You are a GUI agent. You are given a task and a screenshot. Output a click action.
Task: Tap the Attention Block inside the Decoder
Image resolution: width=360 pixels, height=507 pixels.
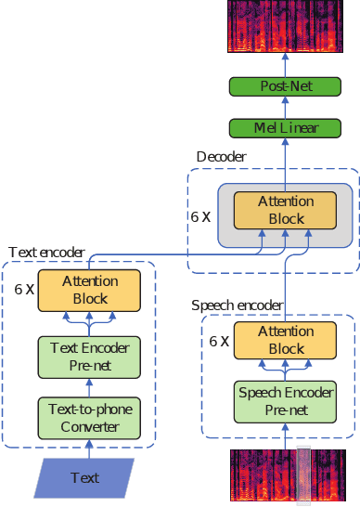285,210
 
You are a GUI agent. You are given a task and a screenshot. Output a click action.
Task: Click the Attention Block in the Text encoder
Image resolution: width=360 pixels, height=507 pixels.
90,289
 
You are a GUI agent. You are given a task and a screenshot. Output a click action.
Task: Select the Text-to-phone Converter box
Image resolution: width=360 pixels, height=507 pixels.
90,417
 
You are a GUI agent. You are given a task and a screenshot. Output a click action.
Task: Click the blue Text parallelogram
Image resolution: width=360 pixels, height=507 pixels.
84,478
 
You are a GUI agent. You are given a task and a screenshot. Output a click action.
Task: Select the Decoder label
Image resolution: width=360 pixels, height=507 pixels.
222,157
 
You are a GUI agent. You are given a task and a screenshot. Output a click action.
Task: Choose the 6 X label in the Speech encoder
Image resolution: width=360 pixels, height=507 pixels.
219,342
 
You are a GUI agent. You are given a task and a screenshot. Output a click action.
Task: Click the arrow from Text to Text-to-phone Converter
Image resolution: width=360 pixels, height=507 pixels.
90,448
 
